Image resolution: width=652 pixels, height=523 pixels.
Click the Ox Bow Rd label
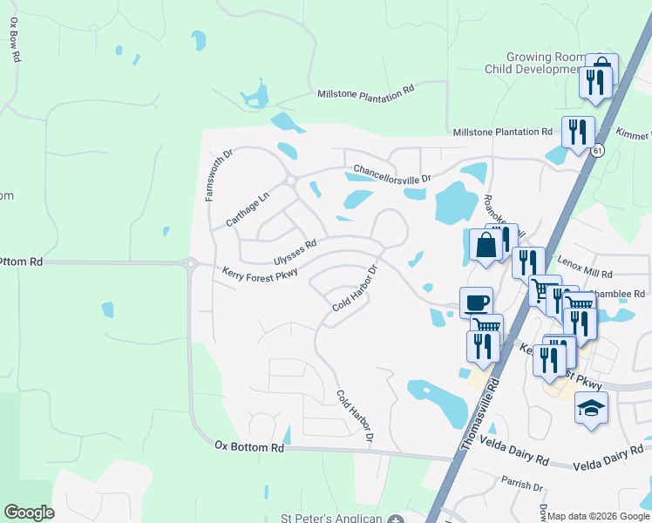point(16,41)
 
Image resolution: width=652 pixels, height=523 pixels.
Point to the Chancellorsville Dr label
point(391,174)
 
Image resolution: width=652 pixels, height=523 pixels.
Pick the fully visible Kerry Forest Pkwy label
point(260,273)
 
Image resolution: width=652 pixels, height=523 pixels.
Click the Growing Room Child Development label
point(546,62)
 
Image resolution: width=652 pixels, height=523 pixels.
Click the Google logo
point(29,513)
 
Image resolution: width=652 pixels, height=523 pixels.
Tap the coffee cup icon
point(476,302)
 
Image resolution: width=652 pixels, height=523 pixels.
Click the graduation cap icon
point(591,408)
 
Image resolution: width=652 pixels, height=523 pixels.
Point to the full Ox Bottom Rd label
point(249,446)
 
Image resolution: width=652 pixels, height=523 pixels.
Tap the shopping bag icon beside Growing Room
point(601,68)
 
